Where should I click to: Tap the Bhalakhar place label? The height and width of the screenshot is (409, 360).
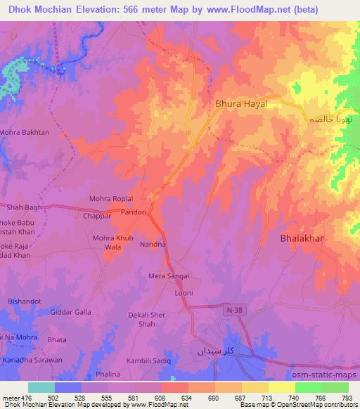pyautogui.click(x=302, y=238)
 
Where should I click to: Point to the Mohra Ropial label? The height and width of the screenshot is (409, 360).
pyautogui.click(x=111, y=199)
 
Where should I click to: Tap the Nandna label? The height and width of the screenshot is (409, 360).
pyautogui.click(x=153, y=245)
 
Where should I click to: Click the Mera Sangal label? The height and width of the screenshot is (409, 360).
pyautogui.click(x=169, y=277)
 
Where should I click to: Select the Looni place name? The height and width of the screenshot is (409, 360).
pyautogui.click(x=184, y=292)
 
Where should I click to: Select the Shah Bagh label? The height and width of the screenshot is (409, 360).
pyautogui.click(x=25, y=208)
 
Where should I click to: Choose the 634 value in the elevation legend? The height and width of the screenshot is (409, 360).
pyautogui.click(x=188, y=397)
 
